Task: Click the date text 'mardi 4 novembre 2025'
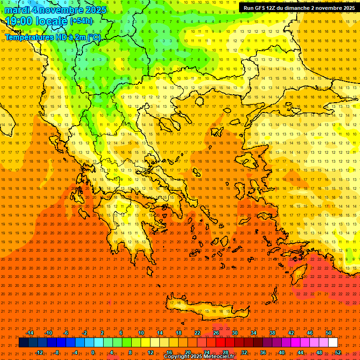55,10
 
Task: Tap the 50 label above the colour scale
328,333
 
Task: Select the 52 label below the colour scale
338,352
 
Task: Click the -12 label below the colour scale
39,352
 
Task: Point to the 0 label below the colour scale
93,352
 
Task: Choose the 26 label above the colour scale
216,333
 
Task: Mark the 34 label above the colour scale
253,333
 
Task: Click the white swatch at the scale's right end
333,343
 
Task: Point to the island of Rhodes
299,275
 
